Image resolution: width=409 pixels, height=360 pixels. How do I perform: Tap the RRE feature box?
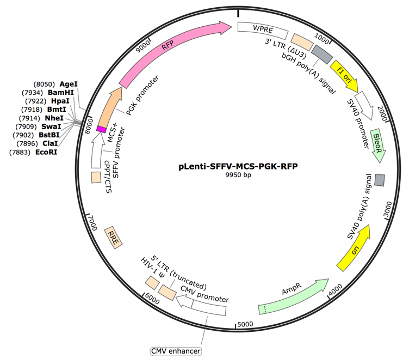[x=114, y=236]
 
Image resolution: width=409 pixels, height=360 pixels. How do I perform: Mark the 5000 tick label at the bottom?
[x=243, y=324]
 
